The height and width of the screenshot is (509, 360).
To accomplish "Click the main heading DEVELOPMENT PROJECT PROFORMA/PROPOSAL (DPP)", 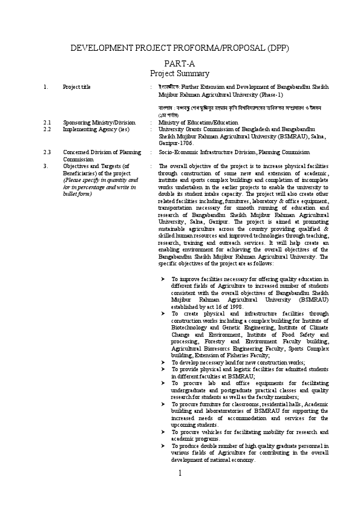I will tap(180, 48).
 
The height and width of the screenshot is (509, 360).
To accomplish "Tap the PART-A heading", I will tap(180, 63).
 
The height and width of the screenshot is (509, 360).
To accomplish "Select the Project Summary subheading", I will tap(180, 73).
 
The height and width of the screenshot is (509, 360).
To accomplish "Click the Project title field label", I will tap(77, 87).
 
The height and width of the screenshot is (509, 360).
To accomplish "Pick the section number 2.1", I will tap(47, 122).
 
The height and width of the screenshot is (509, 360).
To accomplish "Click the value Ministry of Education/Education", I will tap(198, 122).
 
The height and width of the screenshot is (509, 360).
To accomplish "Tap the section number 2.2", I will tap(47, 129).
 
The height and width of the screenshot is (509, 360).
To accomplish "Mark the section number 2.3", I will tap(47, 152).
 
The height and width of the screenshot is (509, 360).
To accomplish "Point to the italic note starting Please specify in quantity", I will tap(100, 187).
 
